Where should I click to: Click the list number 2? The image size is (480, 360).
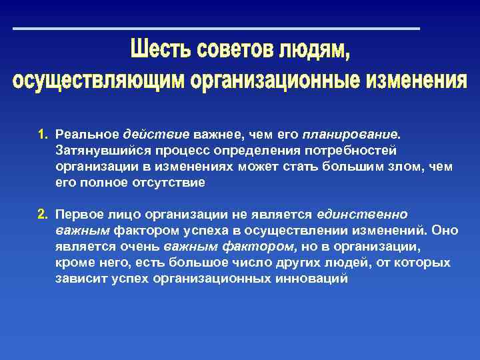(x=42, y=215)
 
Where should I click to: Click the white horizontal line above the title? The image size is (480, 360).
(x=217, y=29)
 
